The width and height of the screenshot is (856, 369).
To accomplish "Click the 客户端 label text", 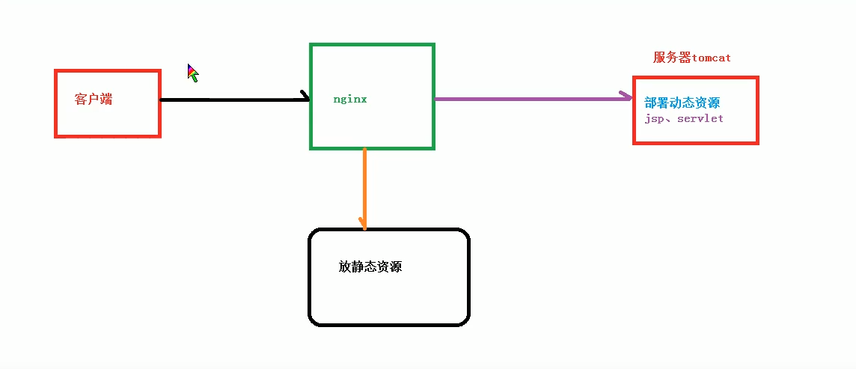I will point(94,100).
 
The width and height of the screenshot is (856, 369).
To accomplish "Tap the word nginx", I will point(350,99).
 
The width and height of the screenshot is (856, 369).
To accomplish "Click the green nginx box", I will point(372,46).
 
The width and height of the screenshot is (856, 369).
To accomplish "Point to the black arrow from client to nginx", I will point(232,100).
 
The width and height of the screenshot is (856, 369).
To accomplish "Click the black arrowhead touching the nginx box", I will point(305,97).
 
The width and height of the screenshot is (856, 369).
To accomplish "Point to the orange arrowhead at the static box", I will point(363,224).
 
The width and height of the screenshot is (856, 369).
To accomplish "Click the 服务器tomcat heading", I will point(691,58).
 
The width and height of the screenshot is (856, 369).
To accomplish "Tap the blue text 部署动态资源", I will point(682,103).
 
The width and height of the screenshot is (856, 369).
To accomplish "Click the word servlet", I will point(700,119).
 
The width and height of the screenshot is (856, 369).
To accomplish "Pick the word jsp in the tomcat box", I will point(655,119).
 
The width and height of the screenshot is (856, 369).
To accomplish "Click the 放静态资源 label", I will point(370,266).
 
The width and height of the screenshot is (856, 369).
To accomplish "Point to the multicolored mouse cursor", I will point(192,72).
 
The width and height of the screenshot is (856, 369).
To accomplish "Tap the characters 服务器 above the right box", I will point(672,58).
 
